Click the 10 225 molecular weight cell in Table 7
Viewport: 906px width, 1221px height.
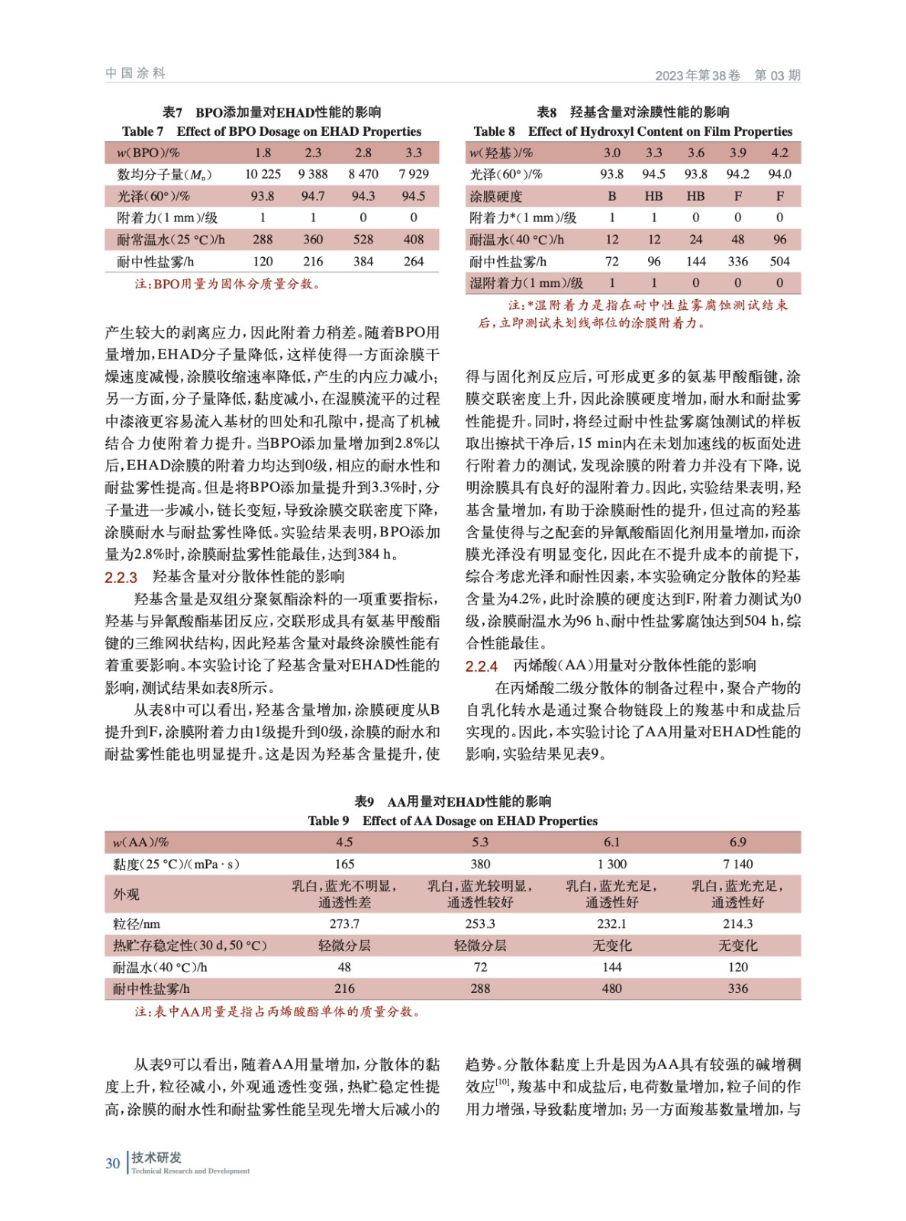click(263, 174)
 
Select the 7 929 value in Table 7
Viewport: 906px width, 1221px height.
click(414, 174)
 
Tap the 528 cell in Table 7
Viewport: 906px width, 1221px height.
click(363, 239)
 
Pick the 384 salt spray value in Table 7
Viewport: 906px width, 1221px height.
click(363, 261)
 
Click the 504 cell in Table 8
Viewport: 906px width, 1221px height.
click(779, 261)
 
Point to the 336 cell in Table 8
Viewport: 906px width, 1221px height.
click(737, 261)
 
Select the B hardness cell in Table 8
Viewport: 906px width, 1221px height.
click(611, 196)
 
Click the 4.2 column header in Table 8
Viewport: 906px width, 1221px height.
click(779, 153)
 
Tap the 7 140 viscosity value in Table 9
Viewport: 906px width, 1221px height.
click(737, 864)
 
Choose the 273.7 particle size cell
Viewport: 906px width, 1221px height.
click(344, 923)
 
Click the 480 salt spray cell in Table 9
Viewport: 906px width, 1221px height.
click(611, 988)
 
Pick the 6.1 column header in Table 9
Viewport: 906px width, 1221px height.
click(611, 842)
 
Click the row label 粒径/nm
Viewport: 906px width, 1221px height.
click(137, 923)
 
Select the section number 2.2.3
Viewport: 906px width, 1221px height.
click(121, 577)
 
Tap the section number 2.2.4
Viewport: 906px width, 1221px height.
click(482, 666)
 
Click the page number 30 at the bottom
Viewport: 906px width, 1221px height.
click(112, 1163)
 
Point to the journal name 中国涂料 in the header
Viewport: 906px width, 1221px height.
click(135, 73)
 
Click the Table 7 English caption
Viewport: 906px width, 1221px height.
click(272, 131)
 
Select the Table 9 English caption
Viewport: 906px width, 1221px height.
click(453, 820)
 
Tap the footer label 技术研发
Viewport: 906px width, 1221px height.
click(156, 1157)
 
